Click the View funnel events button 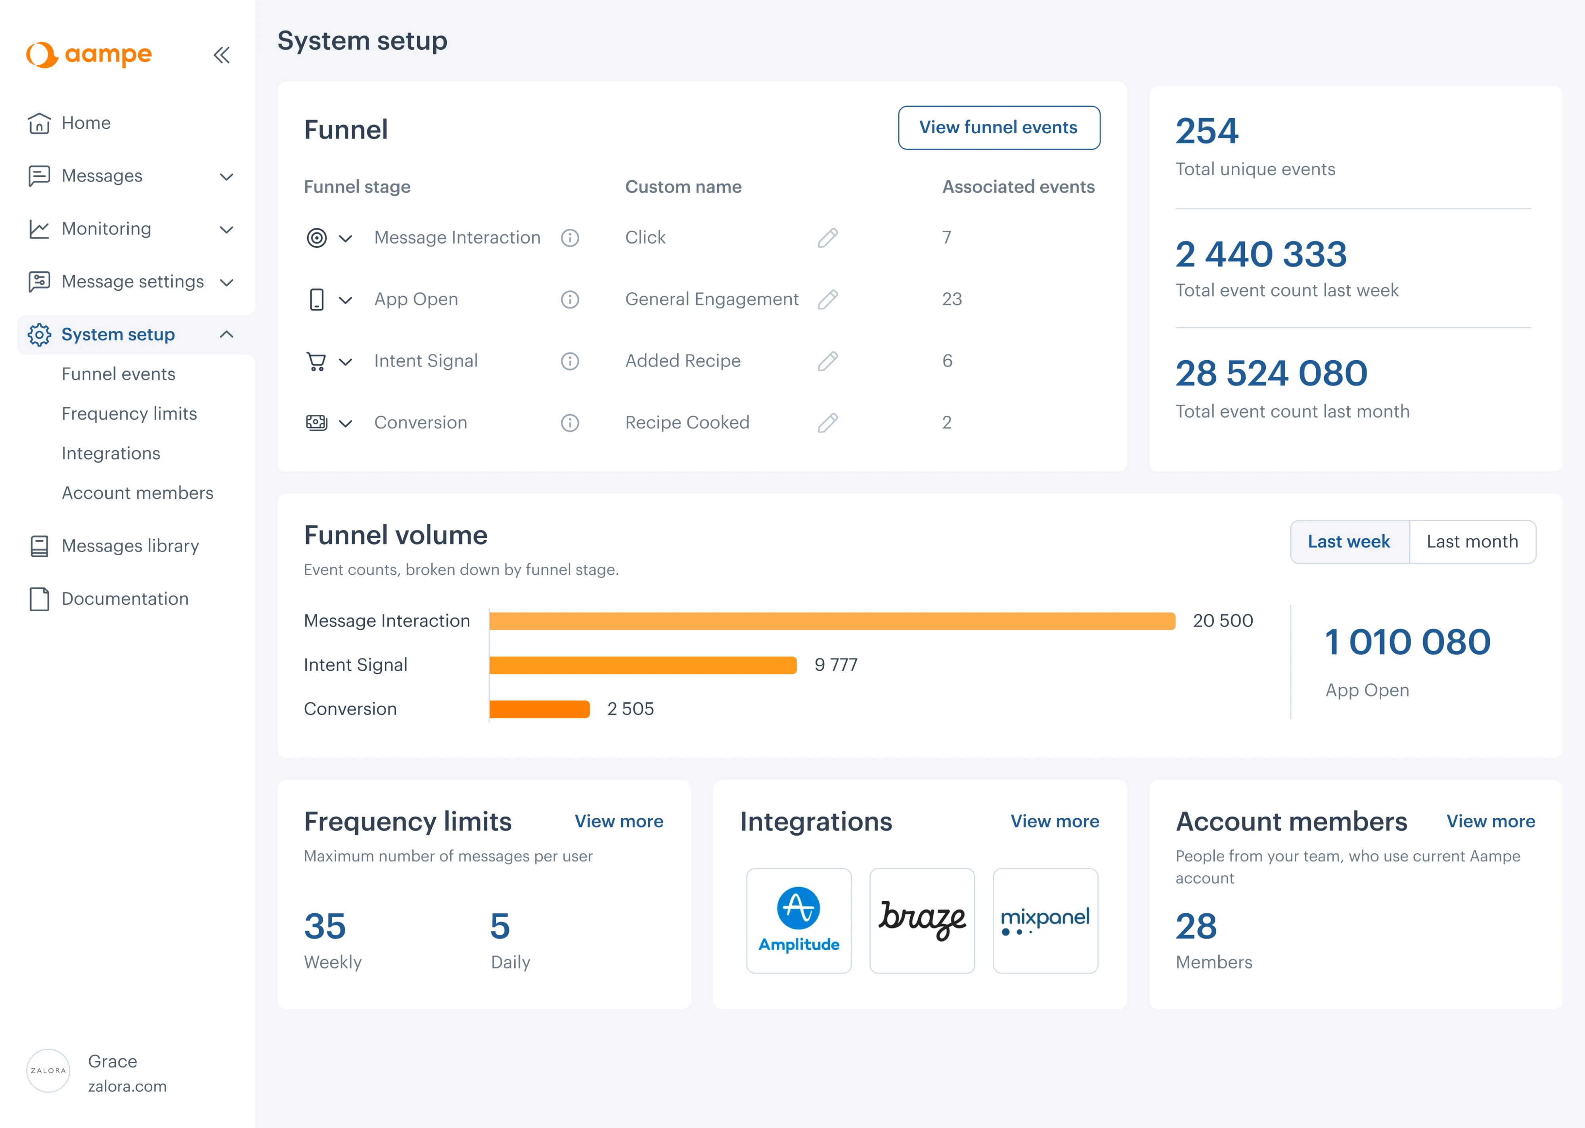pos(998,128)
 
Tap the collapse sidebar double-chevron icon pos(222,55)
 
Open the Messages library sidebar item pos(130,546)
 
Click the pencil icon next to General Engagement pos(827,299)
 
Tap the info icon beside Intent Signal pos(569,361)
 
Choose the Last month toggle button pos(1472,542)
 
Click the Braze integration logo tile pos(922,920)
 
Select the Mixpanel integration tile pos(1045,920)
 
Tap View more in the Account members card pos(1490,822)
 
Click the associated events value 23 pos(951,299)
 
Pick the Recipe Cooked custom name pos(687,423)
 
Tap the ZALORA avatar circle pos(48,1070)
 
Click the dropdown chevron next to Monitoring pos(226,229)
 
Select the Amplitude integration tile pos(798,920)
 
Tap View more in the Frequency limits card pos(618,822)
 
